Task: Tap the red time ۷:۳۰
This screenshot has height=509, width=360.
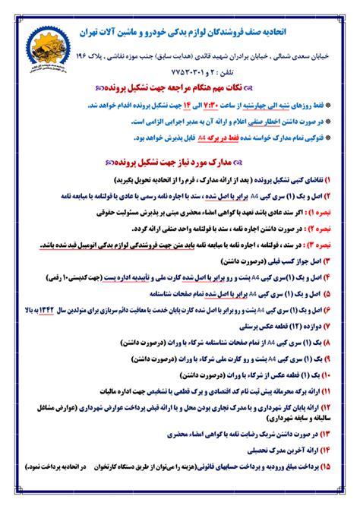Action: click(x=191, y=109)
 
